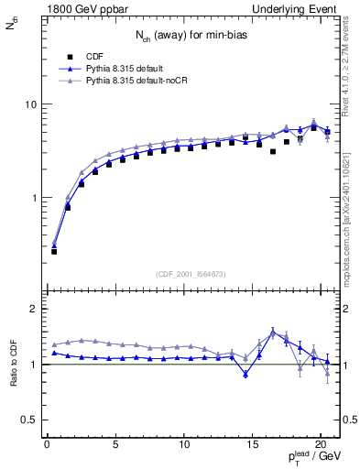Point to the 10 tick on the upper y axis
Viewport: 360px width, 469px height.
coord(29,104)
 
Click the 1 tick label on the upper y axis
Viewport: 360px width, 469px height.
coord(32,198)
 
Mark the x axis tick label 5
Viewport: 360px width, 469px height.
coord(115,446)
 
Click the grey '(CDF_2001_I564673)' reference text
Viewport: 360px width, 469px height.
coord(189,273)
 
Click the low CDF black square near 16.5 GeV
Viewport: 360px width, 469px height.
coord(273,151)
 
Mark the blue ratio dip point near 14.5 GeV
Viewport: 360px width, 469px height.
coord(245,374)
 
